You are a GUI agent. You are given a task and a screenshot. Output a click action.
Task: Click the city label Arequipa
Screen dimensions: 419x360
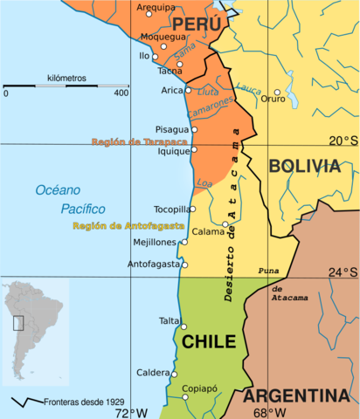[x=156, y=7]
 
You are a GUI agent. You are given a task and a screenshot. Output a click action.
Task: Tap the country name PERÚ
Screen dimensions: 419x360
[x=197, y=24]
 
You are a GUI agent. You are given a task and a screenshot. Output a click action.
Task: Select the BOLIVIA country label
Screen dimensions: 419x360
[x=303, y=166]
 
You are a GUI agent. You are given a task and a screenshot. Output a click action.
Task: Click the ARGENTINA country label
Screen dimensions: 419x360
[x=301, y=395]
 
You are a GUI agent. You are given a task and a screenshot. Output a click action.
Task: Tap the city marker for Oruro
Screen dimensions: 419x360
[x=278, y=92]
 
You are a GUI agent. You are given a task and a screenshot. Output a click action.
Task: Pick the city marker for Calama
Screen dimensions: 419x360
[x=225, y=224]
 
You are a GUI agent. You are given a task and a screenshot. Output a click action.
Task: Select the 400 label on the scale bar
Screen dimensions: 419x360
[x=121, y=93]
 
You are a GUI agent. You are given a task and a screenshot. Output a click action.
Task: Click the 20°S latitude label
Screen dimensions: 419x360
[x=343, y=141]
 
